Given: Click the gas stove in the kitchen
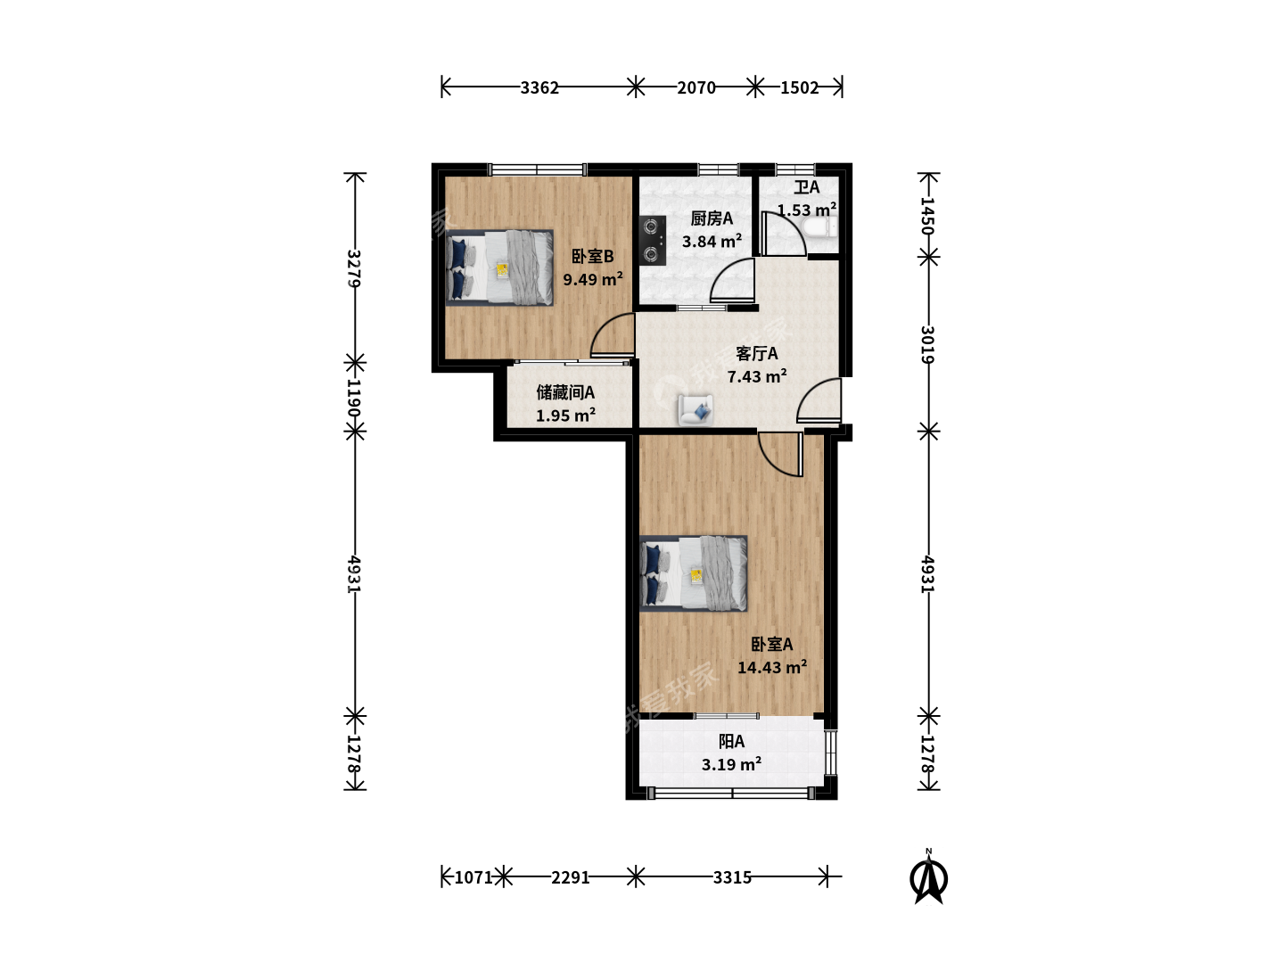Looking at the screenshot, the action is pos(652,241).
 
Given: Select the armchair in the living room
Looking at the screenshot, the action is pos(695,409).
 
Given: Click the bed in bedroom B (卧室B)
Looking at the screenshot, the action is pos(499,267).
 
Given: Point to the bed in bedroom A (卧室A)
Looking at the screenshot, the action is pos(694,573).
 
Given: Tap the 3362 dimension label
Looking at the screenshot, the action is pos(539,87).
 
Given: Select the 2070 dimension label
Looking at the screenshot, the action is pos(696,87).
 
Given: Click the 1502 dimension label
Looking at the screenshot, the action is pos(799,87).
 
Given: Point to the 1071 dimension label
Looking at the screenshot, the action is pos(473,877).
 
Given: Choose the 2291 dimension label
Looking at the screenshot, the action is pos(571,877).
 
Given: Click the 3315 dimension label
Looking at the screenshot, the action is pos(732,877).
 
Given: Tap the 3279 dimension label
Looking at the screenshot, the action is pos(354,268).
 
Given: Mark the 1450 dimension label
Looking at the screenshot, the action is pos(928,216).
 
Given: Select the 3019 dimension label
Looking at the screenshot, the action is pos(928,344).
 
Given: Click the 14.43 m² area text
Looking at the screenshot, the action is pos(772,667).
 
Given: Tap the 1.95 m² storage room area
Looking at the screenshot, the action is pos(565,416).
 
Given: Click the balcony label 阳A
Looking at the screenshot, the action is pos(731,741).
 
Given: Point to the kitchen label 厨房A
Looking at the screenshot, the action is pos(712,218).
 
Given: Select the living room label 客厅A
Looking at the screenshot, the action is pos(757,354).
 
